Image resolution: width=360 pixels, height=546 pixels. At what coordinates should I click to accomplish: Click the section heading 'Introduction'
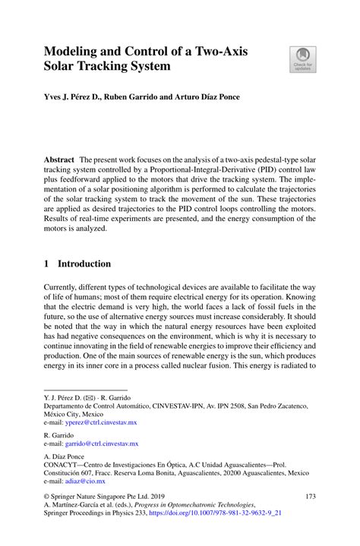click(85, 264)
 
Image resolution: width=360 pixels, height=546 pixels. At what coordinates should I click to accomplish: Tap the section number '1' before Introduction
click(47, 264)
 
